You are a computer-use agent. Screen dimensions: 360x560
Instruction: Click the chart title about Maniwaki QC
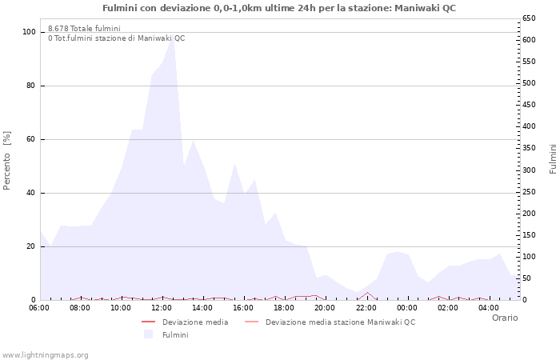coord(279,7)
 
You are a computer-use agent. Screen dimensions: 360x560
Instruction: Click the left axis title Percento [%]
coord(7,160)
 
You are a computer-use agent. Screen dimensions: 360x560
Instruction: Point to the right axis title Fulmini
coord(552,158)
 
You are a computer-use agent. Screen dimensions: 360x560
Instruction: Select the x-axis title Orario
coord(504,318)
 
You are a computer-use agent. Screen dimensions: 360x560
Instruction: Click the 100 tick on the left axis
coord(30,32)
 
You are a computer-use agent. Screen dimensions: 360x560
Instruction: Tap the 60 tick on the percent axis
coord(32,139)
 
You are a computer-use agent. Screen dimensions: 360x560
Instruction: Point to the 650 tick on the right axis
coord(529,18)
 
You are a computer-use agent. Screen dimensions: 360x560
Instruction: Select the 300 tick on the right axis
coord(529,170)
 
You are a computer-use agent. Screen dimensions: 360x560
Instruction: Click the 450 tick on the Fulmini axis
coord(529,105)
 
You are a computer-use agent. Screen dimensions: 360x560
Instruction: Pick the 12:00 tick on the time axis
coord(162,307)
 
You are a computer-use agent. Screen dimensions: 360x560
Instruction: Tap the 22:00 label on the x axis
coord(366,307)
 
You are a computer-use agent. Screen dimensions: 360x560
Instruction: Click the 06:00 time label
coord(39,307)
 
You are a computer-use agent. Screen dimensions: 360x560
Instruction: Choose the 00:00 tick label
coord(407,307)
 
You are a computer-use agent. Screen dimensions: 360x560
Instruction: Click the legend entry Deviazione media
coord(194,322)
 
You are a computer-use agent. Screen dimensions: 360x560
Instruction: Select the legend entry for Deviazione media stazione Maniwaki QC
coord(340,322)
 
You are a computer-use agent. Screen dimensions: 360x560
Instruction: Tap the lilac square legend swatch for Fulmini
coord(148,334)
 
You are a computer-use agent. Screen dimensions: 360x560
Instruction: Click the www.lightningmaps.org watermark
coord(46,354)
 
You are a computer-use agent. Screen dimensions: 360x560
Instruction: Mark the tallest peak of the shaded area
coord(173,37)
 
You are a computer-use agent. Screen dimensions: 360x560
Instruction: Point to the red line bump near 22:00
coord(367,293)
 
